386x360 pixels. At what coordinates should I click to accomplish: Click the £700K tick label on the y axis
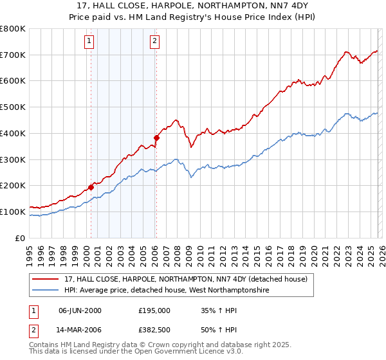13,55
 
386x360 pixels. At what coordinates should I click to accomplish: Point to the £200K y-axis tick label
13,185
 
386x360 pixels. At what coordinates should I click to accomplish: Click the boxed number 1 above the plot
90,42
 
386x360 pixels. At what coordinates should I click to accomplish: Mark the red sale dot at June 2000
91,187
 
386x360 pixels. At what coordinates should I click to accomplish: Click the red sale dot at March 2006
156,138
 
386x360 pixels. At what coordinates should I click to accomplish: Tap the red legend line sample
46,279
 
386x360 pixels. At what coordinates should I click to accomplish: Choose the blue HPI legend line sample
46,291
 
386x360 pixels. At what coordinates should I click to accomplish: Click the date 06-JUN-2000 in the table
80,310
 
